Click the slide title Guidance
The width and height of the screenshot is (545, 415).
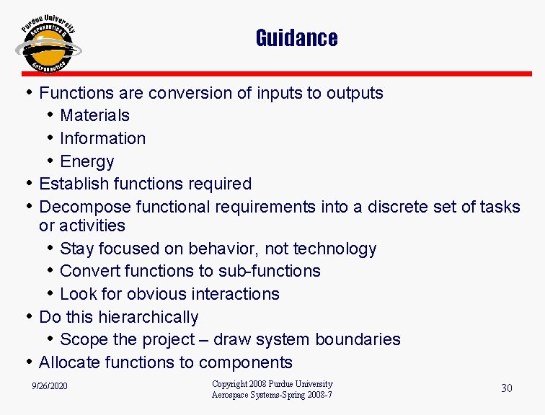tap(296, 37)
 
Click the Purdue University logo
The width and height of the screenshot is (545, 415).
tap(48, 45)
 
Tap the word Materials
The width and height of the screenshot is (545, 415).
tap(94, 115)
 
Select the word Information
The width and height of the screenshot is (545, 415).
tap(102, 138)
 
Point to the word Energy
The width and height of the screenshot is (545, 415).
tap(87, 161)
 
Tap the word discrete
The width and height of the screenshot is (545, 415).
tap(397, 207)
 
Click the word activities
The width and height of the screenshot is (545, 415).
tap(92, 226)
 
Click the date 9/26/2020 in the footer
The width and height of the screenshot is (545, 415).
tap(50, 387)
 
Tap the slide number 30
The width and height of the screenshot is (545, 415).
tap(506, 388)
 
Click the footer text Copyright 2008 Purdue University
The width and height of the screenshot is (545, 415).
tap(272, 384)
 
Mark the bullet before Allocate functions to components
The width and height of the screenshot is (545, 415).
tap(28, 362)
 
